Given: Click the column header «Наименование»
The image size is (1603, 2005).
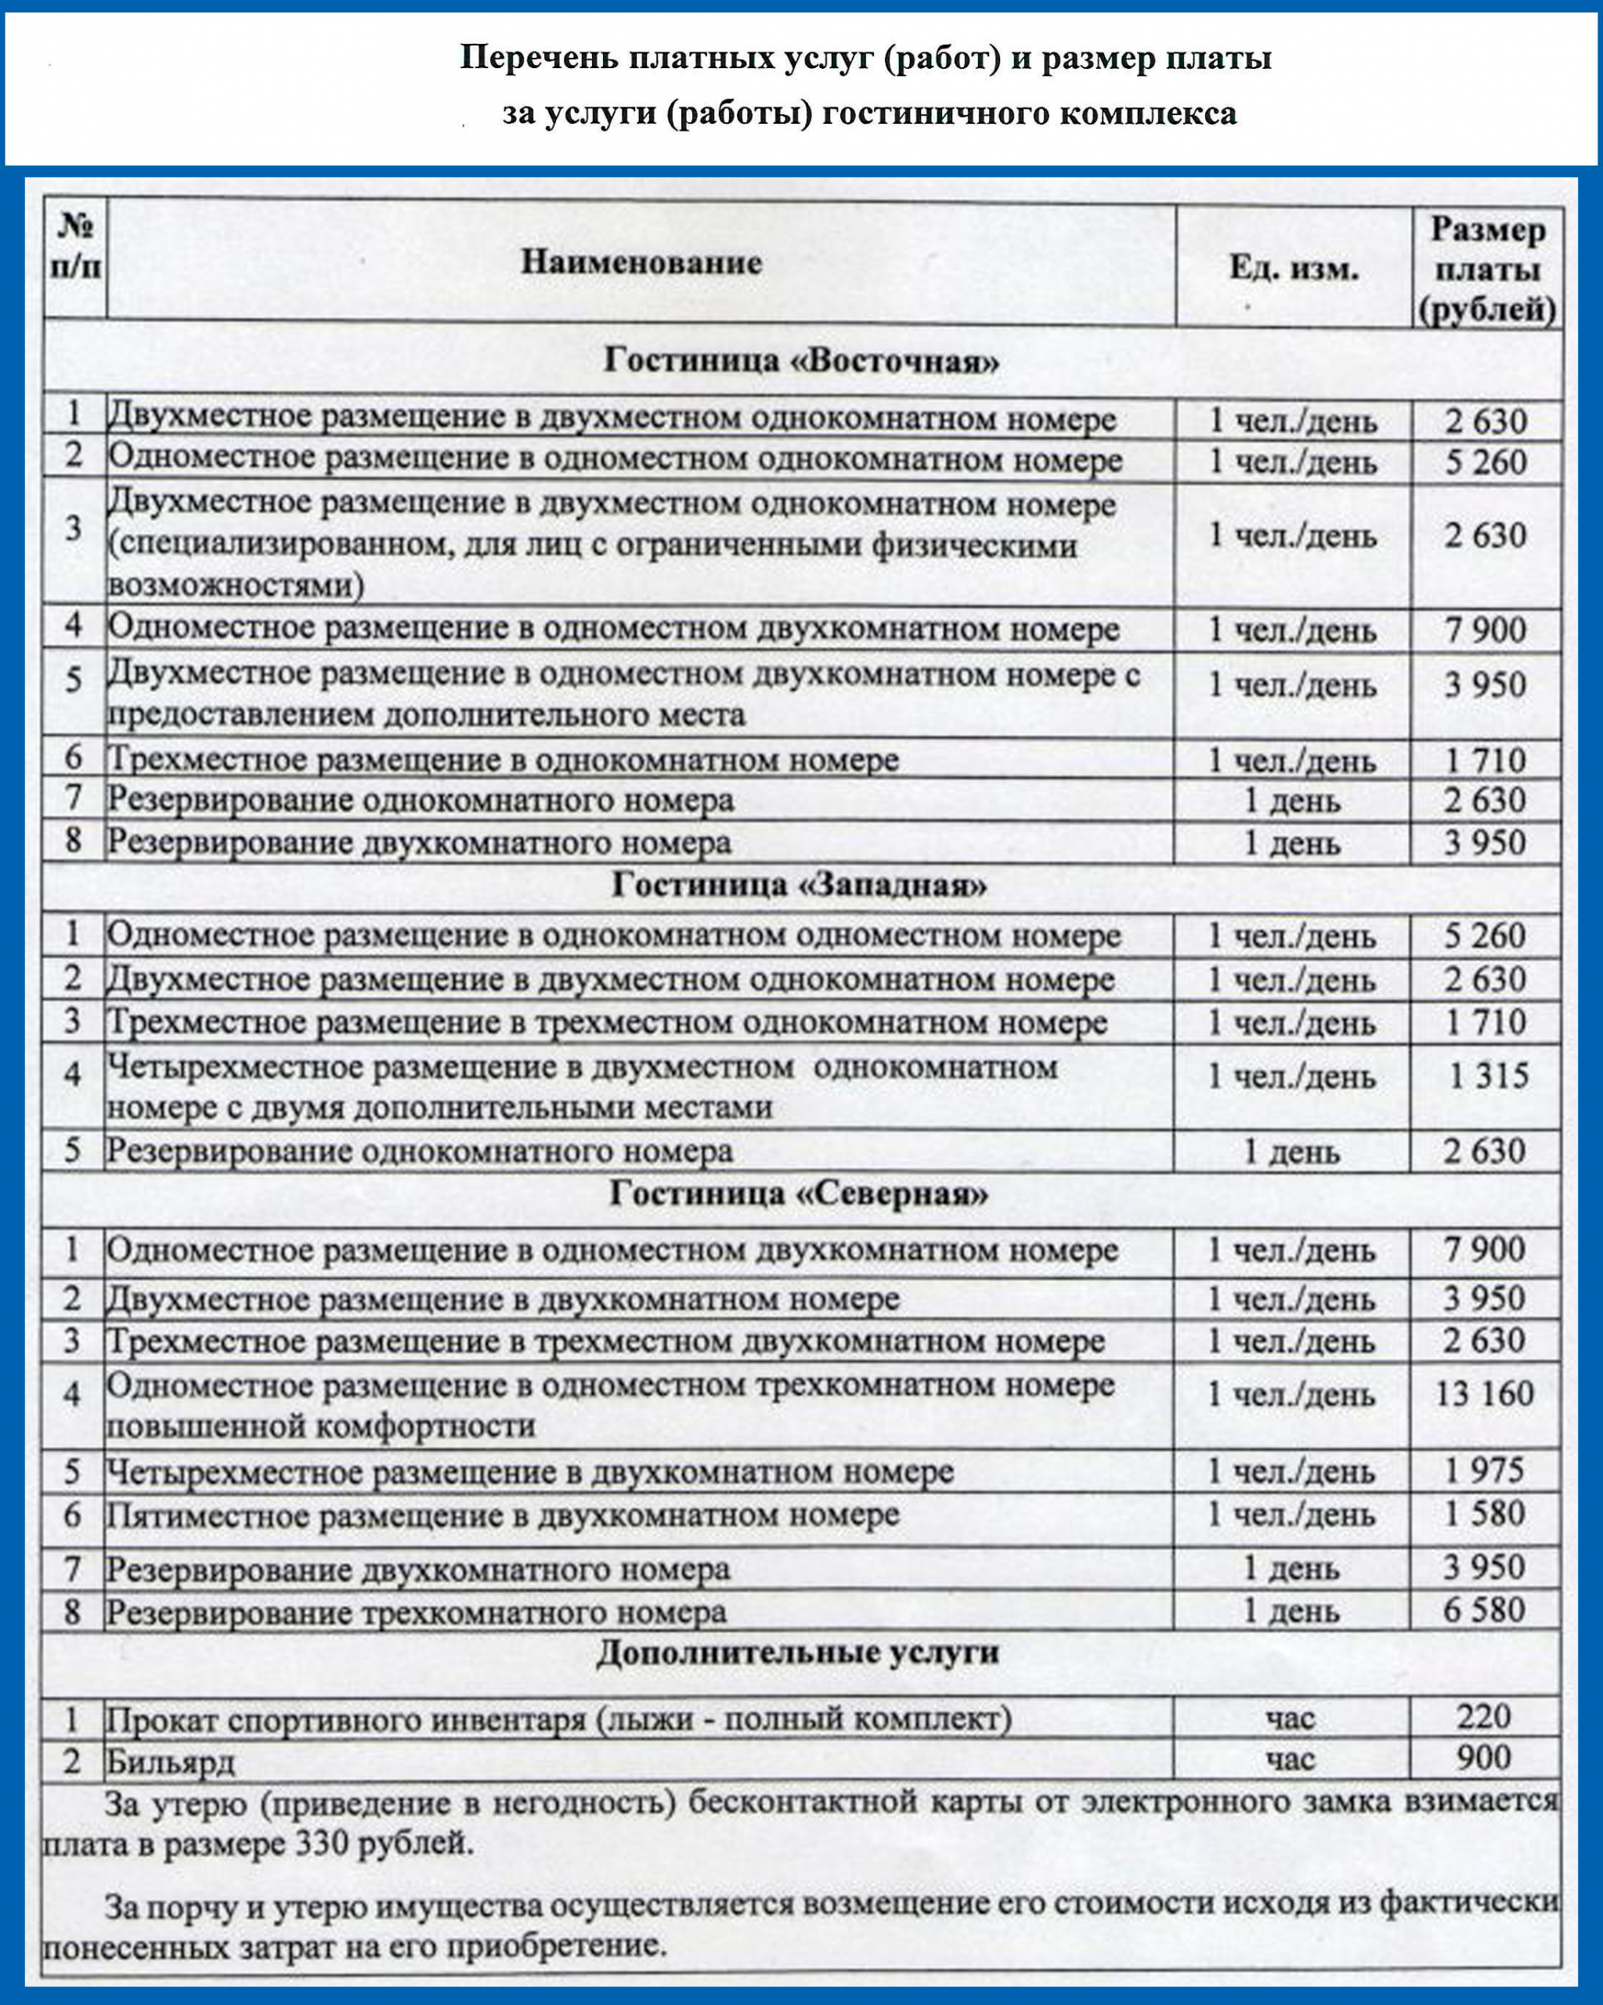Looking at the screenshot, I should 641,263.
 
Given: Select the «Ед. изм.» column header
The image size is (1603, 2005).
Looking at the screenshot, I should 1294,269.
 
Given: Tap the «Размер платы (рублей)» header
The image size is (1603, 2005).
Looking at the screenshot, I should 1487,269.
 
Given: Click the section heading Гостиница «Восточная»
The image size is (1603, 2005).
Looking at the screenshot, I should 802,361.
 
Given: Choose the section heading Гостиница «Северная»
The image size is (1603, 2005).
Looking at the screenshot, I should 799,1194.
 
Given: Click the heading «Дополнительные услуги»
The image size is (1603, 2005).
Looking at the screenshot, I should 798,1652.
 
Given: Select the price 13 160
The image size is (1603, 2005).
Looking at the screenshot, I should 1484,1393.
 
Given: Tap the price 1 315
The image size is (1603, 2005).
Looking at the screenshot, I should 1489,1076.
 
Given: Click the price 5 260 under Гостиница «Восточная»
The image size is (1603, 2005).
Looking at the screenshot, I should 1486,462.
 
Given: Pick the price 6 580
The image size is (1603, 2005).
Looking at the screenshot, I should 1484,1609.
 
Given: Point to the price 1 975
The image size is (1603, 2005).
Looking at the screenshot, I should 1484,1470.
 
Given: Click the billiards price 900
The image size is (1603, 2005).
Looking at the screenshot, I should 1484,1757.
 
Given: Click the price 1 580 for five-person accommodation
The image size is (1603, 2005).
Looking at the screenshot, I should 1484,1513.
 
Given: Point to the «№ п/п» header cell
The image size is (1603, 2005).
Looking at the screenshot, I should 74,247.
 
